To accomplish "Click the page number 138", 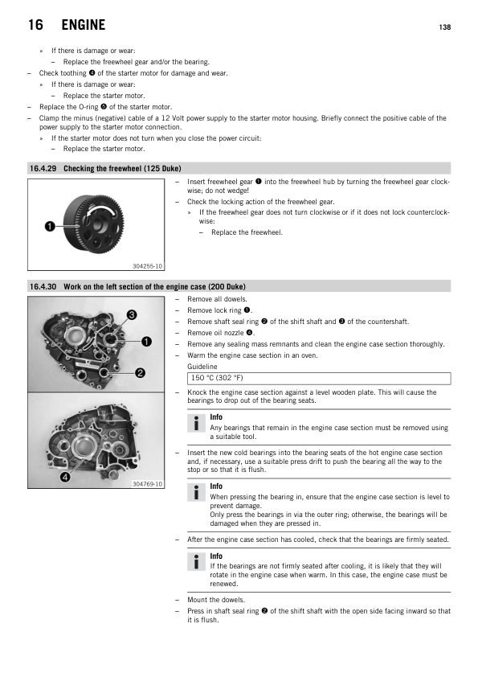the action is click(445, 27).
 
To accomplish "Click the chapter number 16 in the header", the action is click(35, 25).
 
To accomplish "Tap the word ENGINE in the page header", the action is click(84, 25).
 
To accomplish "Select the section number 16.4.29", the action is click(43, 168).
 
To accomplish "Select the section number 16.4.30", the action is click(43, 287).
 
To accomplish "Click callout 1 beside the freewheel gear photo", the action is click(50, 226).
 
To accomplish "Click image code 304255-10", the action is click(147, 266).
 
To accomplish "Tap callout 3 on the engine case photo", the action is click(132, 314).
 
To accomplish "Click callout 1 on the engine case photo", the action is click(147, 342).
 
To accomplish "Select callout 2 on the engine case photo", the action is click(140, 373).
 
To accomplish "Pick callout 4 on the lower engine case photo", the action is click(65, 477).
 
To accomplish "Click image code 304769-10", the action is click(147, 484).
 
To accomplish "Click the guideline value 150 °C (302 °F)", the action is click(217, 378).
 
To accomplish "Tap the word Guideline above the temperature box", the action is click(202, 367).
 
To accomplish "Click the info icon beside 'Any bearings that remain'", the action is click(196, 423).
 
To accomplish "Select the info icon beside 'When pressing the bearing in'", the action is click(196, 492).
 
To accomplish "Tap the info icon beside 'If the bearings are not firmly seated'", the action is click(196, 562).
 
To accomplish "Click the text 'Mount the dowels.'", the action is click(216, 600).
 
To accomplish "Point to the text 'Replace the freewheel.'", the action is click(247, 232).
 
